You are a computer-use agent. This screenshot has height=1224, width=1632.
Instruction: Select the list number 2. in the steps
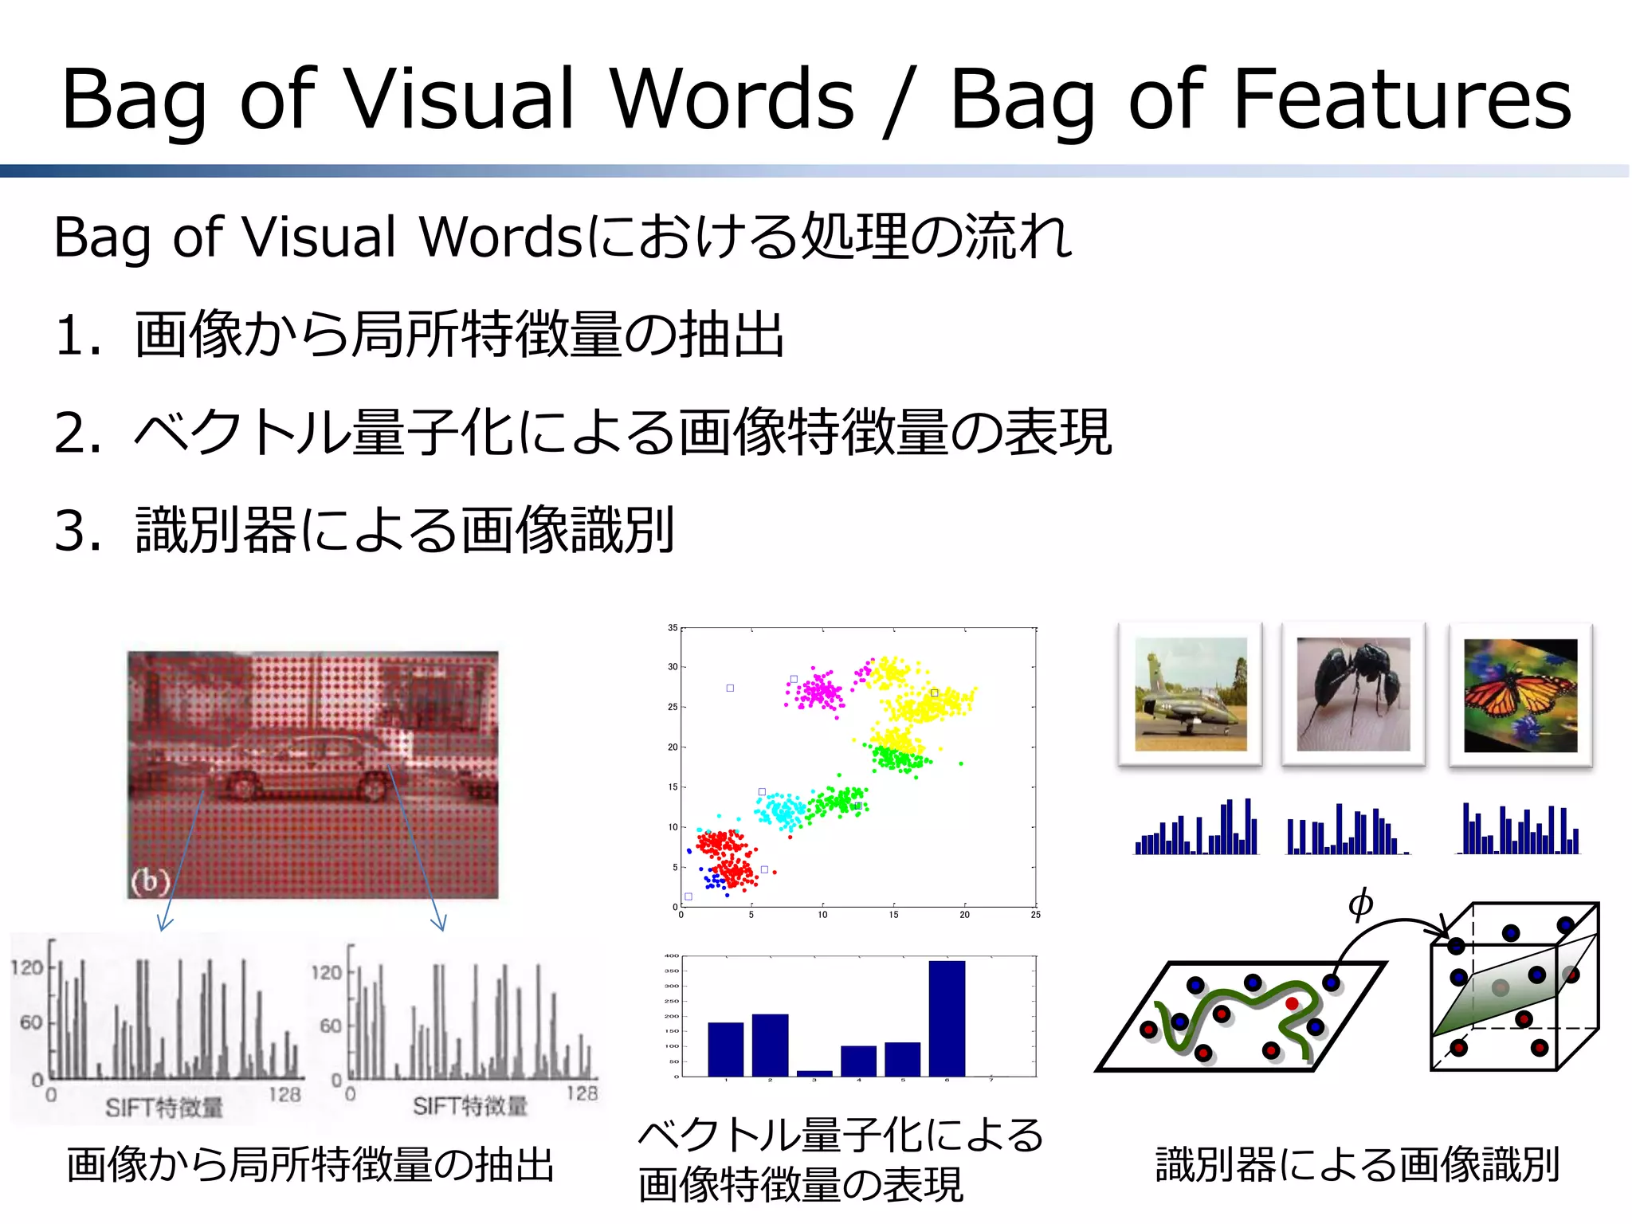point(77,433)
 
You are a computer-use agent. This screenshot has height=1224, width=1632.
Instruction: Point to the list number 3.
point(77,531)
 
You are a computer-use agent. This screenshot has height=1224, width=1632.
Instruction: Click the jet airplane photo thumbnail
point(1190,693)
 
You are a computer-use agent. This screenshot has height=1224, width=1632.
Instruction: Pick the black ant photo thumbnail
point(1353,693)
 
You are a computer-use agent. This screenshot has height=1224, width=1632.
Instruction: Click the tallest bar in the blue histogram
point(946,1018)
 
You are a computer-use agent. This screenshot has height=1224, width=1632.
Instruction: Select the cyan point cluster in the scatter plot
point(781,810)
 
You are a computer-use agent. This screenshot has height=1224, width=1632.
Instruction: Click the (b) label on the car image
point(151,881)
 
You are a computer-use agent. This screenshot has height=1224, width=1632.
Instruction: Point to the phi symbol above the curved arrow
point(1360,903)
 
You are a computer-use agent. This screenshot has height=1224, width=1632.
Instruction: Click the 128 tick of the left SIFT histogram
point(284,1095)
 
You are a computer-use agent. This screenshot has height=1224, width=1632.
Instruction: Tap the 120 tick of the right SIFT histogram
point(326,972)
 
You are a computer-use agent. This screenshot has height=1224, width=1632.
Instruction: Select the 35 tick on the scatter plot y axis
point(673,628)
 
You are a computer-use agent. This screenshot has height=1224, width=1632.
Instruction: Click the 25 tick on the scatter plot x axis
point(1034,915)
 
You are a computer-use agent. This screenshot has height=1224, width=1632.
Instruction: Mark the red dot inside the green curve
point(1292,1003)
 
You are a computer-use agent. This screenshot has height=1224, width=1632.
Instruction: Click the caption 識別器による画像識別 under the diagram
point(1357,1164)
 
